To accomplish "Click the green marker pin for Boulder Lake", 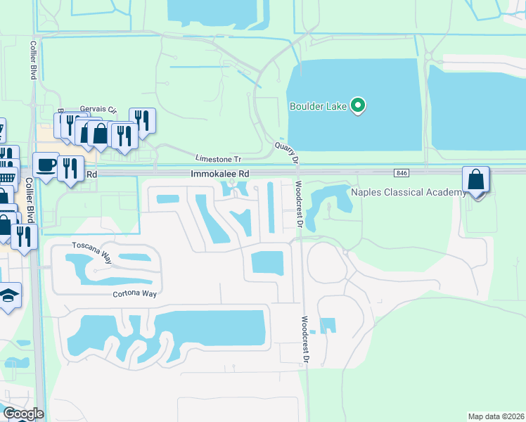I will (358, 106).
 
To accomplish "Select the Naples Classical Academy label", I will (408, 192).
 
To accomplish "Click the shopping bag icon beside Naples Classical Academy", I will (476, 180).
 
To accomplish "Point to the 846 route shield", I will (402, 172).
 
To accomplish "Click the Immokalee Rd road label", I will (219, 173).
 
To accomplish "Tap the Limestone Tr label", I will (217, 158).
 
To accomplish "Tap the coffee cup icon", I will (46, 166).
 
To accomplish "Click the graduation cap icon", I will (8, 295).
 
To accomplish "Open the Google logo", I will (23, 414).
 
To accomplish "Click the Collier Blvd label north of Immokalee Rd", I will (32, 60).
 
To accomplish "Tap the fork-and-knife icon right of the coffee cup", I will (70, 169).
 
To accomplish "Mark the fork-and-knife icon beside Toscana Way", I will (25, 237).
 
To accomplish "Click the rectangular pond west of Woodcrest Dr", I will (267, 263).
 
